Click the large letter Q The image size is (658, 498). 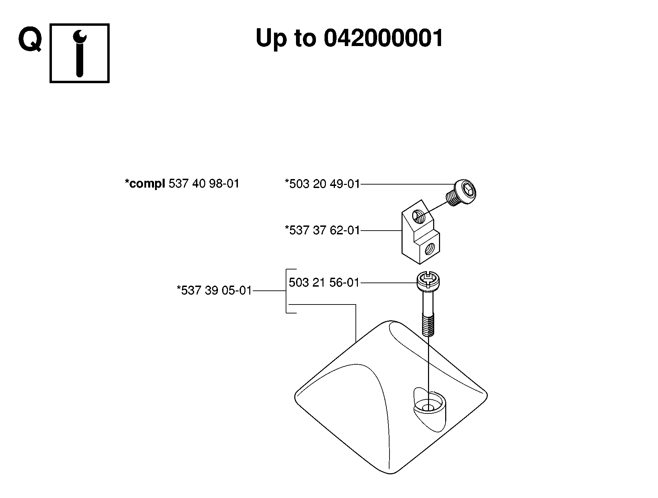(30, 40)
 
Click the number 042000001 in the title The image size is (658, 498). (383, 38)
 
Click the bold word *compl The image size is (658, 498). (145, 184)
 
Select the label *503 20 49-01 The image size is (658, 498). (322, 184)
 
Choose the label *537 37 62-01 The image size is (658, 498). (322, 230)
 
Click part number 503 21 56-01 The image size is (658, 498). (324, 283)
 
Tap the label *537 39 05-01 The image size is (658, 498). (215, 290)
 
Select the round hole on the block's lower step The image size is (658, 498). (430, 248)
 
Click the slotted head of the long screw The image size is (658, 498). (428, 281)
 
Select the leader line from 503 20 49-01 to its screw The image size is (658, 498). (408, 184)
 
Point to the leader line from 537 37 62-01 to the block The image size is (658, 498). (381, 230)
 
